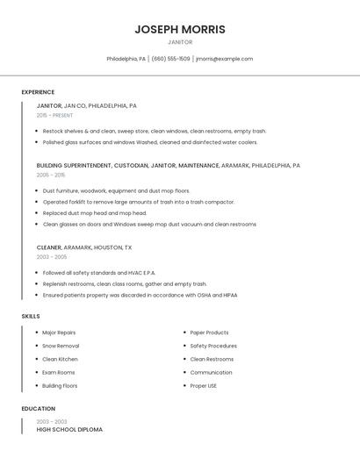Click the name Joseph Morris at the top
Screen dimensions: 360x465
(180, 29)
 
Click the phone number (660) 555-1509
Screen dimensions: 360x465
(170, 59)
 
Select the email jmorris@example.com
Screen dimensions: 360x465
(224, 59)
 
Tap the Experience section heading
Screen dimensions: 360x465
(38, 92)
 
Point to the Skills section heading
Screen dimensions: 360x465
(30, 316)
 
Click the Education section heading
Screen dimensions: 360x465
(38, 409)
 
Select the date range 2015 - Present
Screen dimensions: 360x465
(54, 115)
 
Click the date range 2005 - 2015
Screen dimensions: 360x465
(51, 175)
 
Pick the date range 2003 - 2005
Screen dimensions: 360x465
(52, 257)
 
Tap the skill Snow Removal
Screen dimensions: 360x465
(61, 346)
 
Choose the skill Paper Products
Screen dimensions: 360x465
(209, 333)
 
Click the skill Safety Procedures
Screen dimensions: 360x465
(213, 346)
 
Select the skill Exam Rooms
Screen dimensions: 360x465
(59, 372)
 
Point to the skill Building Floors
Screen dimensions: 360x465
(60, 385)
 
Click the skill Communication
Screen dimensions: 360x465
(211, 372)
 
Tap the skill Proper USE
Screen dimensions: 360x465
(204, 385)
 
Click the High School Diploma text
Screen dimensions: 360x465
(69, 430)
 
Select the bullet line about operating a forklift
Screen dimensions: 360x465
(138, 202)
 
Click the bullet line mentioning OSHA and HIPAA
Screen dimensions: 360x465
(140, 295)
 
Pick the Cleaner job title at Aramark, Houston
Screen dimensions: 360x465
(49, 247)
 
